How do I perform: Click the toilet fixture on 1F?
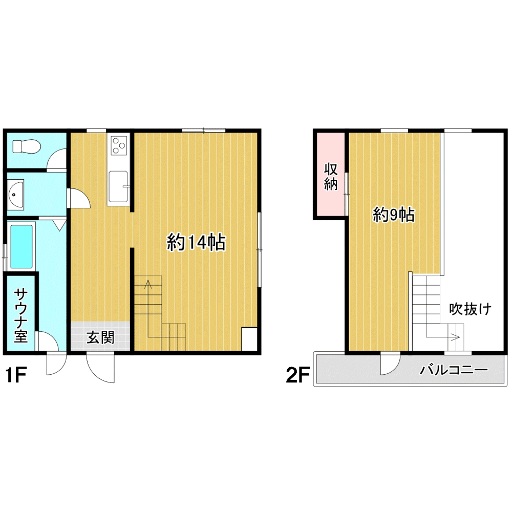(x=27, y=146)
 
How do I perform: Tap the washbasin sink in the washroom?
(x=15, y=195)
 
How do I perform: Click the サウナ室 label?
(x=20, y=315)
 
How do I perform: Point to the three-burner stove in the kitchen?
(x=119, y=145)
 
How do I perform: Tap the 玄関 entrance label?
(x=100, y=337)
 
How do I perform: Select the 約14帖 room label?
(x=196, y=242)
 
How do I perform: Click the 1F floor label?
(x=16, y=375)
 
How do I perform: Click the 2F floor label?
(x=297, y=375)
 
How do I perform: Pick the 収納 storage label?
(x=330, y=177)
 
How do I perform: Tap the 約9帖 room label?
(x=394, y=215)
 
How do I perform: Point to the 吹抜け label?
(x=470, y=309)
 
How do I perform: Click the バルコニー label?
(x=454, y=370)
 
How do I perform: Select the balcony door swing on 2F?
(x=390, y=364)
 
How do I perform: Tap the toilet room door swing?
(x=56, y=160)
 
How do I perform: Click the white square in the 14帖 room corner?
(x=249, y=338)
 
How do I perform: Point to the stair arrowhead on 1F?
(x=148, y=284)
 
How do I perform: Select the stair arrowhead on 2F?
(x=457, y=336)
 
